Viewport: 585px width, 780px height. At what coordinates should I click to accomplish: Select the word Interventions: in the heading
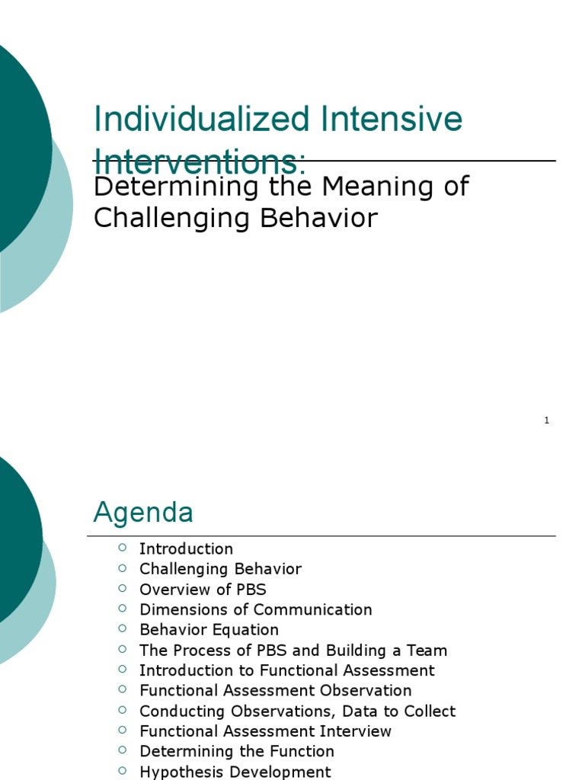200,163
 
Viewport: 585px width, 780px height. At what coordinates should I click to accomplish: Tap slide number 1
547,420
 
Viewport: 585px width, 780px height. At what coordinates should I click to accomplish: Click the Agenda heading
143,513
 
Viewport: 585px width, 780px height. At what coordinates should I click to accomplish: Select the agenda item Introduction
186,548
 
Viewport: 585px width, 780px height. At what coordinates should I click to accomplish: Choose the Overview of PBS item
203,590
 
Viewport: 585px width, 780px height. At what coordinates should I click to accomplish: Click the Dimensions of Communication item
255,609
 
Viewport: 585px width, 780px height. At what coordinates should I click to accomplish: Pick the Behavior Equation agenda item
209,630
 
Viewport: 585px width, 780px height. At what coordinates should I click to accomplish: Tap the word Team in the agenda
428,651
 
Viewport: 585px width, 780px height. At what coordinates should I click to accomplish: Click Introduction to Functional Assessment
286,670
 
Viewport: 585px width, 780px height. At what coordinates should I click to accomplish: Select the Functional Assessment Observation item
275,691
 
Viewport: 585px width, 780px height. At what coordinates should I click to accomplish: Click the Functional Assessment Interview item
265,731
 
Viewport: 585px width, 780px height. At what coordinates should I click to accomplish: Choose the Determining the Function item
236,752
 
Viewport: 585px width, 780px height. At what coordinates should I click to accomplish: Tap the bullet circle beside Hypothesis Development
123,771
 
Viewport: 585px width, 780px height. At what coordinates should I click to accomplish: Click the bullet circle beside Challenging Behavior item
123,568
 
